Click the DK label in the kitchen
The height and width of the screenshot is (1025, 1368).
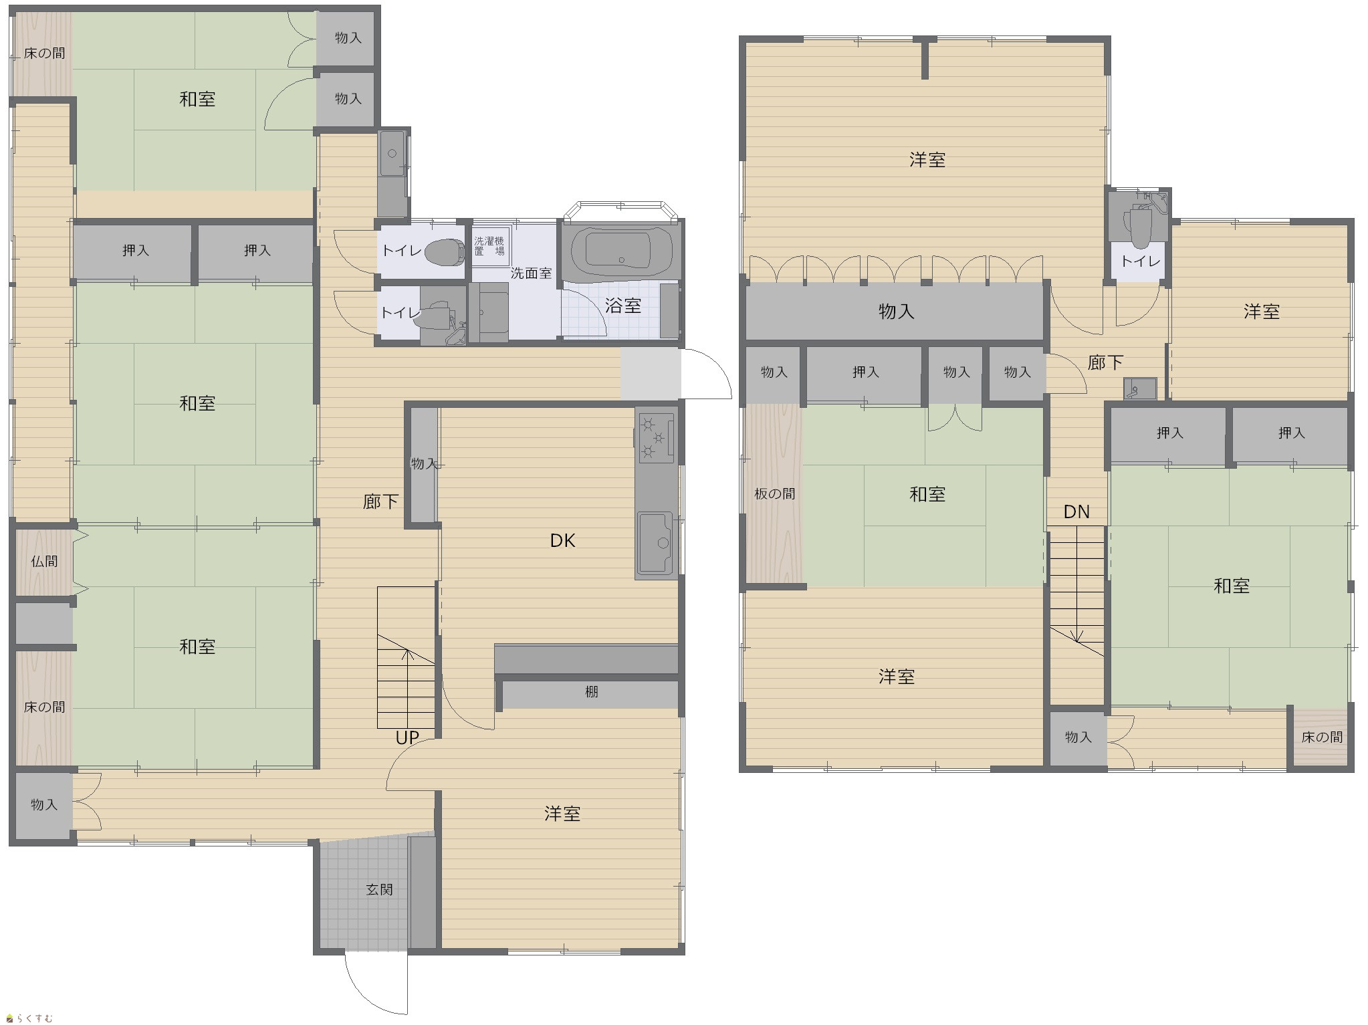click(562, 540)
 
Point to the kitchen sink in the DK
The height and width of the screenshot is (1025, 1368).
click(655, 543)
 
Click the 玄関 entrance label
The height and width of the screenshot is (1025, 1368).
click(379, 889)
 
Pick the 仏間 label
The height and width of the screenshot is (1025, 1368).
click(44, 561)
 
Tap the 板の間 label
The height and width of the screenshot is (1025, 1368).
click(775, 493)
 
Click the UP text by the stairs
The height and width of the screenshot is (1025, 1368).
click(407, 737)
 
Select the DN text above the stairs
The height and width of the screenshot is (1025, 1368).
click(1076, 511)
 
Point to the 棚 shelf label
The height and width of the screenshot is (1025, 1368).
click(591, 692)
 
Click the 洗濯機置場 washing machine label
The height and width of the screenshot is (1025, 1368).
click(489, 245)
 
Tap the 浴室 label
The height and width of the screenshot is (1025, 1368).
click(623, 306)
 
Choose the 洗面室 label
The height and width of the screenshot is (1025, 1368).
click(532, 273)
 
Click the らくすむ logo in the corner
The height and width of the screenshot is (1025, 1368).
click(29, 1017)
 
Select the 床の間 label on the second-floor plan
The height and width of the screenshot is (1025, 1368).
click(1322, 737)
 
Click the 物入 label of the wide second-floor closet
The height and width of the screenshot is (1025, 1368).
click(896, 311)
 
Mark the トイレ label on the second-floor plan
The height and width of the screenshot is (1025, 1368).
click(1140, 261)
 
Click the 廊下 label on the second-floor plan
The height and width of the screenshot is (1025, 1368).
click(1105, 362)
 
